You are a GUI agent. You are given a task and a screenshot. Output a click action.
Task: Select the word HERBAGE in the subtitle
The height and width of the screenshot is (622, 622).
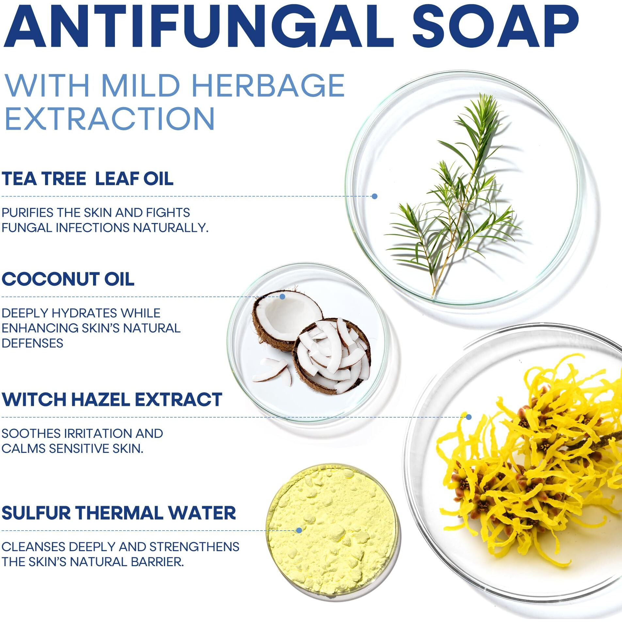(268, 86)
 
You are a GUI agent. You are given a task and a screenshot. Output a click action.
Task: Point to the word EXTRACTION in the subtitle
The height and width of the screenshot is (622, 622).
(110, 119)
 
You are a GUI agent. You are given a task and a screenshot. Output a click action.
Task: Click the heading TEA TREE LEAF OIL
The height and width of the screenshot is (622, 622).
(88, 179)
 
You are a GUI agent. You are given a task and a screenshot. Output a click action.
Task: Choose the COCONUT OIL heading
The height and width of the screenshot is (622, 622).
(68, 279)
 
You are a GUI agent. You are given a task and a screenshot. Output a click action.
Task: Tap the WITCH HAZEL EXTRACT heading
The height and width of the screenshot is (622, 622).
(112, 399)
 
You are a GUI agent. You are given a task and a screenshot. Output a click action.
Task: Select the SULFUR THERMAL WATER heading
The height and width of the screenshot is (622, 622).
(119, 513)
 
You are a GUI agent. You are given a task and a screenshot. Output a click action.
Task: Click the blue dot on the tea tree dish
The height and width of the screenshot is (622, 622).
(375, 196)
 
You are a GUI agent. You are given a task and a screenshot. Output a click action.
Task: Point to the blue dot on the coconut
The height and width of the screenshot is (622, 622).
(282, 296)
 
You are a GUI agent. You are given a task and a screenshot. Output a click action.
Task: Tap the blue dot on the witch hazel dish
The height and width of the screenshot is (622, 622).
(469, 417)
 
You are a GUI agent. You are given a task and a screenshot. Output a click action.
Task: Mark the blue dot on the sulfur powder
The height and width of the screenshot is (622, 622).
(299, 531)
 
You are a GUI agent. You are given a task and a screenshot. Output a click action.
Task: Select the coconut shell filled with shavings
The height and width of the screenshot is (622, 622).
(333, 356)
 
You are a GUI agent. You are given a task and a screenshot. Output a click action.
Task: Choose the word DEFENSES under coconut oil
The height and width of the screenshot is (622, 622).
(32, 343)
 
